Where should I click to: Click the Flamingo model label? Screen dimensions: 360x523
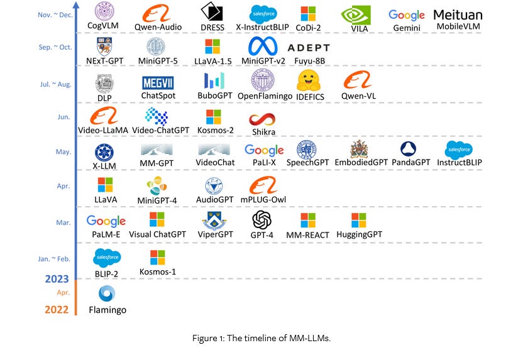108,310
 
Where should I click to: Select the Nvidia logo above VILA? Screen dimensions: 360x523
355,15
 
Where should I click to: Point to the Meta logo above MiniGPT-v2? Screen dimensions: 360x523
263,46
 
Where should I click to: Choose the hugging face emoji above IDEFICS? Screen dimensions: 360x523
309,81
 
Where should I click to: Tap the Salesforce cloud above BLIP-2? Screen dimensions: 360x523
107,257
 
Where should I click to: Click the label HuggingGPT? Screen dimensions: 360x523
359,235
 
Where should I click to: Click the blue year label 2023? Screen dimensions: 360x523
57,280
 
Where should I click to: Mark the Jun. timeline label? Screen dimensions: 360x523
62,117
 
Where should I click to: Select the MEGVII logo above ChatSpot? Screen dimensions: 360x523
158,83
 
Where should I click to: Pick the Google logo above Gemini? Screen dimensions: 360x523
407,14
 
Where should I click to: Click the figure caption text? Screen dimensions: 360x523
261,339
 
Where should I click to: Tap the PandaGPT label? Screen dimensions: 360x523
410,163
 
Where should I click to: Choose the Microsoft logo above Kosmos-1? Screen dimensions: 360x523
157,257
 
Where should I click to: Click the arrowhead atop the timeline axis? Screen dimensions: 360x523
77,8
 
